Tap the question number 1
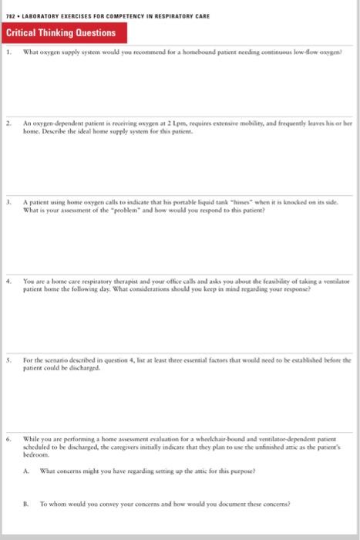pyautogui.click(x=8, y=54)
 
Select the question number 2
pyautogui.click(x=8, y=123)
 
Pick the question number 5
pyautogui.click(x=8, y=359)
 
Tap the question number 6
pyautogui.click(x=8, y=437)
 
